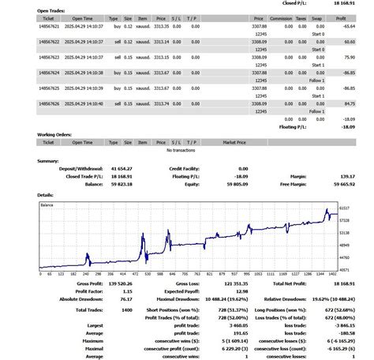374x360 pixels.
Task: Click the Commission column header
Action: tap(281, 17)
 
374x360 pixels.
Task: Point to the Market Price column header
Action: tap(234, 142)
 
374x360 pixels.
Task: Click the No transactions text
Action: tap(181, 150)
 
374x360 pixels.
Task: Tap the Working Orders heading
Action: tap(56, 135)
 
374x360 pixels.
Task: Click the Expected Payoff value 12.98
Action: tap(241, 291)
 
